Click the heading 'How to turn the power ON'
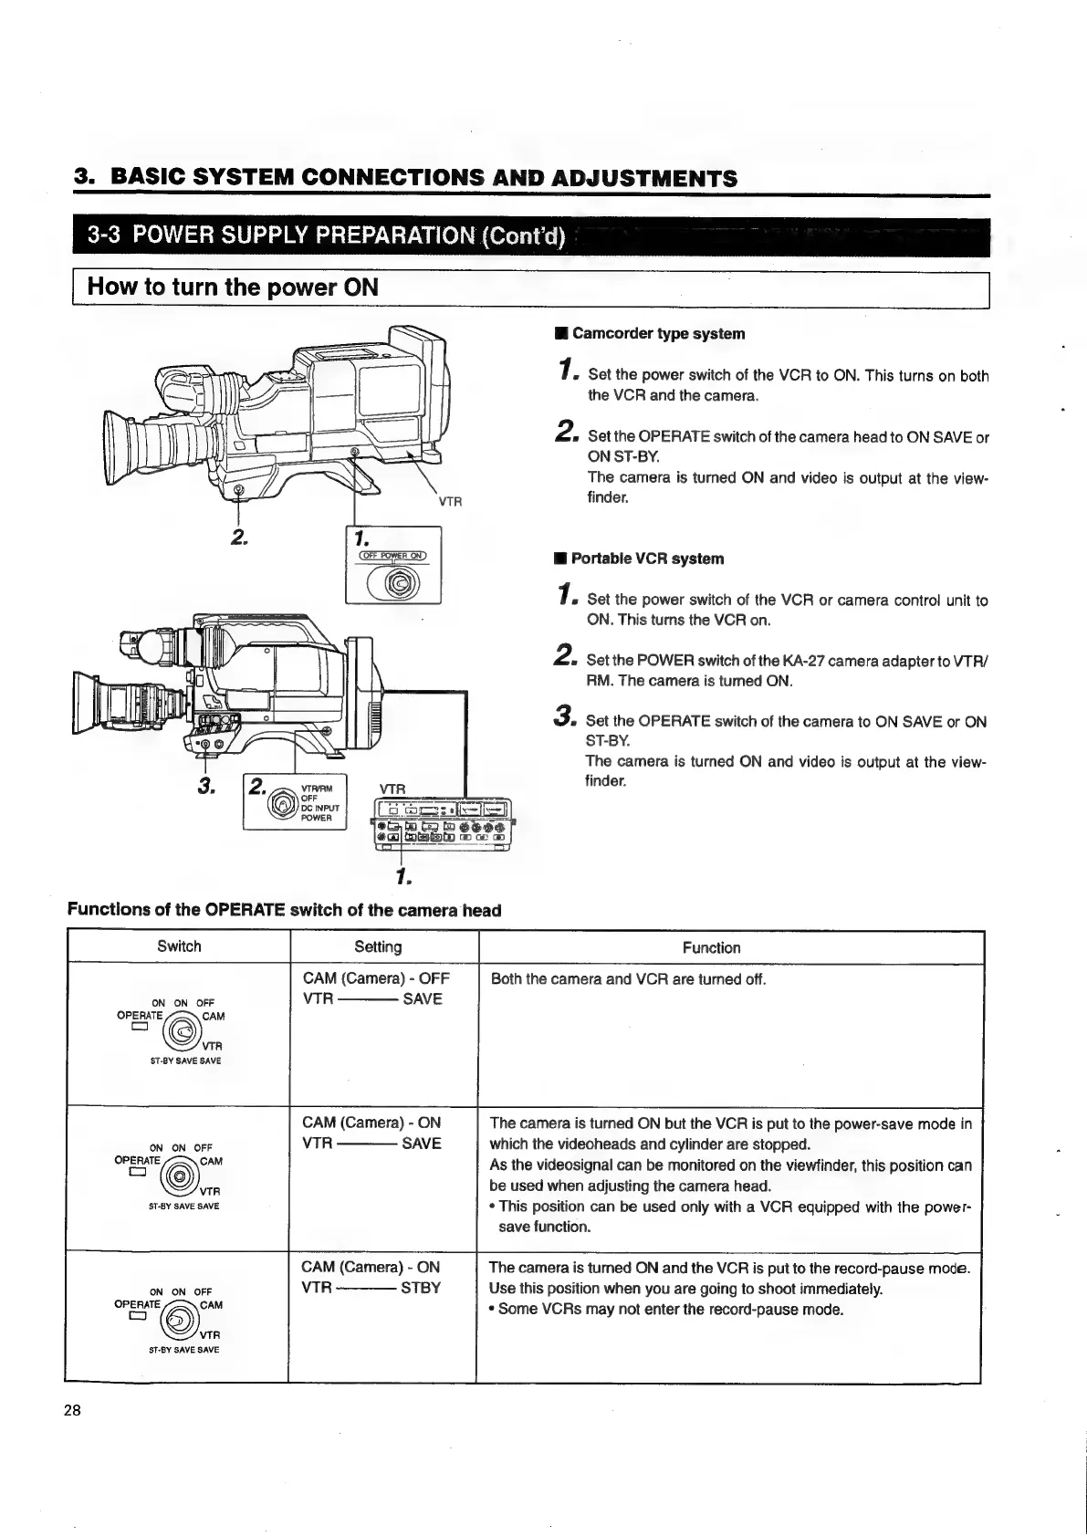[233, 287]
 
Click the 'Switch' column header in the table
[179, 946]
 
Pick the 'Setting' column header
[378, 947]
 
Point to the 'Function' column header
[712, 948]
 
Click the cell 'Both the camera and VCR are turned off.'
[629, 980]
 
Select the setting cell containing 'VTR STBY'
[371, 1288]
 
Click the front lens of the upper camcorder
[113, 443]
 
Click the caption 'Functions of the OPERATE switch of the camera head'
[284, 910]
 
